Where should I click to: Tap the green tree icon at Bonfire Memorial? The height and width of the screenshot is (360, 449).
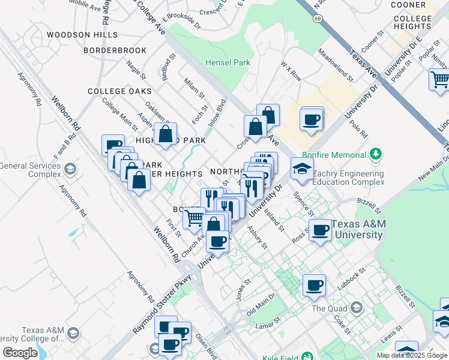pyautogui.click(x=376, y=154)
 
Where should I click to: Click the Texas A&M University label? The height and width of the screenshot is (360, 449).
pyautogui.click(x=358, y=229)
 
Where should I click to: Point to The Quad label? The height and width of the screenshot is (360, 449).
pyautogui.click(x=326, y=308)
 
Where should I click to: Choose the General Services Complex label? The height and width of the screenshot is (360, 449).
pyautogui.click(x=30, y=170)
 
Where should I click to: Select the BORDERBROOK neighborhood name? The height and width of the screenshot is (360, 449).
pyautogui.click(x=115, y=51)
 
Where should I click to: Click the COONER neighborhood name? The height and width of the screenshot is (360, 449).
pyautogui.click(x=408, y=5)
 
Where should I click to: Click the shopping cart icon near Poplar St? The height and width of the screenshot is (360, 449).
pyautogui.click(x=440, y=79)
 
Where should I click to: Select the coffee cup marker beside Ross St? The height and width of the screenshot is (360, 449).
pyautogui.click(x=321, y=230)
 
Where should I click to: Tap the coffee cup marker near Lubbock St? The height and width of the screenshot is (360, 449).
pyautogui.click(x=313, y=285)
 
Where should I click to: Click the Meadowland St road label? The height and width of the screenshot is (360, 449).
pyautogui.click(x=337, y=65)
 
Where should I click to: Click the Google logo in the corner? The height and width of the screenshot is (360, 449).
pyautogui.click(x=20, y=353)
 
